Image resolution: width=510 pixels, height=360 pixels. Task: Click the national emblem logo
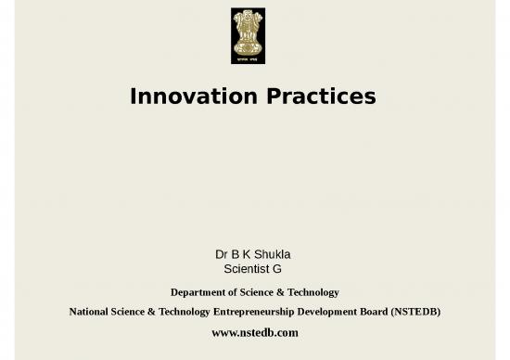coord(248,36)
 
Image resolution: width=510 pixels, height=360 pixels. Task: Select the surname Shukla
coord(274,253)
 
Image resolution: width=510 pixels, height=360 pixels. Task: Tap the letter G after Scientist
coord(276,269)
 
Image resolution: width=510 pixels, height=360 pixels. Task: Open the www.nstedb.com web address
coord(255,331)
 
